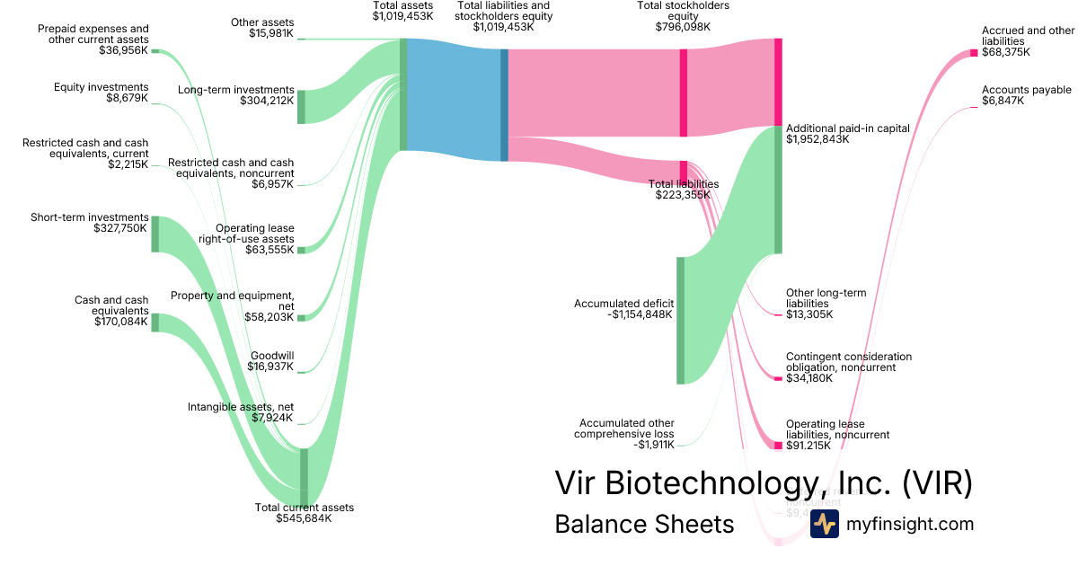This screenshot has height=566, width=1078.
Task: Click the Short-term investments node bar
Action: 155,234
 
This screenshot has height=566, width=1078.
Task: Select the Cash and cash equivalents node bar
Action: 155,323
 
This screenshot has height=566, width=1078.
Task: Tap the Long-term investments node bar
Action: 301,107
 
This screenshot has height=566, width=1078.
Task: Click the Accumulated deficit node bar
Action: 680,320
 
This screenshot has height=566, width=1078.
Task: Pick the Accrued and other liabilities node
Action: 973,52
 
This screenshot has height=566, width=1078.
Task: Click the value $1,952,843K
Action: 817,140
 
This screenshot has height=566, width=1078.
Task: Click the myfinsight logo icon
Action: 824,524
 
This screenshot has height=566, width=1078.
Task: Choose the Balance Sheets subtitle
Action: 644,524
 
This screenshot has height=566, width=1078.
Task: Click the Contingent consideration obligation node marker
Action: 778,378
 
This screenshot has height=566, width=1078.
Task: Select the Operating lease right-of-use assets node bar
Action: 301,250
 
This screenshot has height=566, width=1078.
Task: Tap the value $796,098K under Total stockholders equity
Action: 683,27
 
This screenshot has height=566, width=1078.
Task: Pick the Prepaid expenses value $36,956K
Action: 124,51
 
